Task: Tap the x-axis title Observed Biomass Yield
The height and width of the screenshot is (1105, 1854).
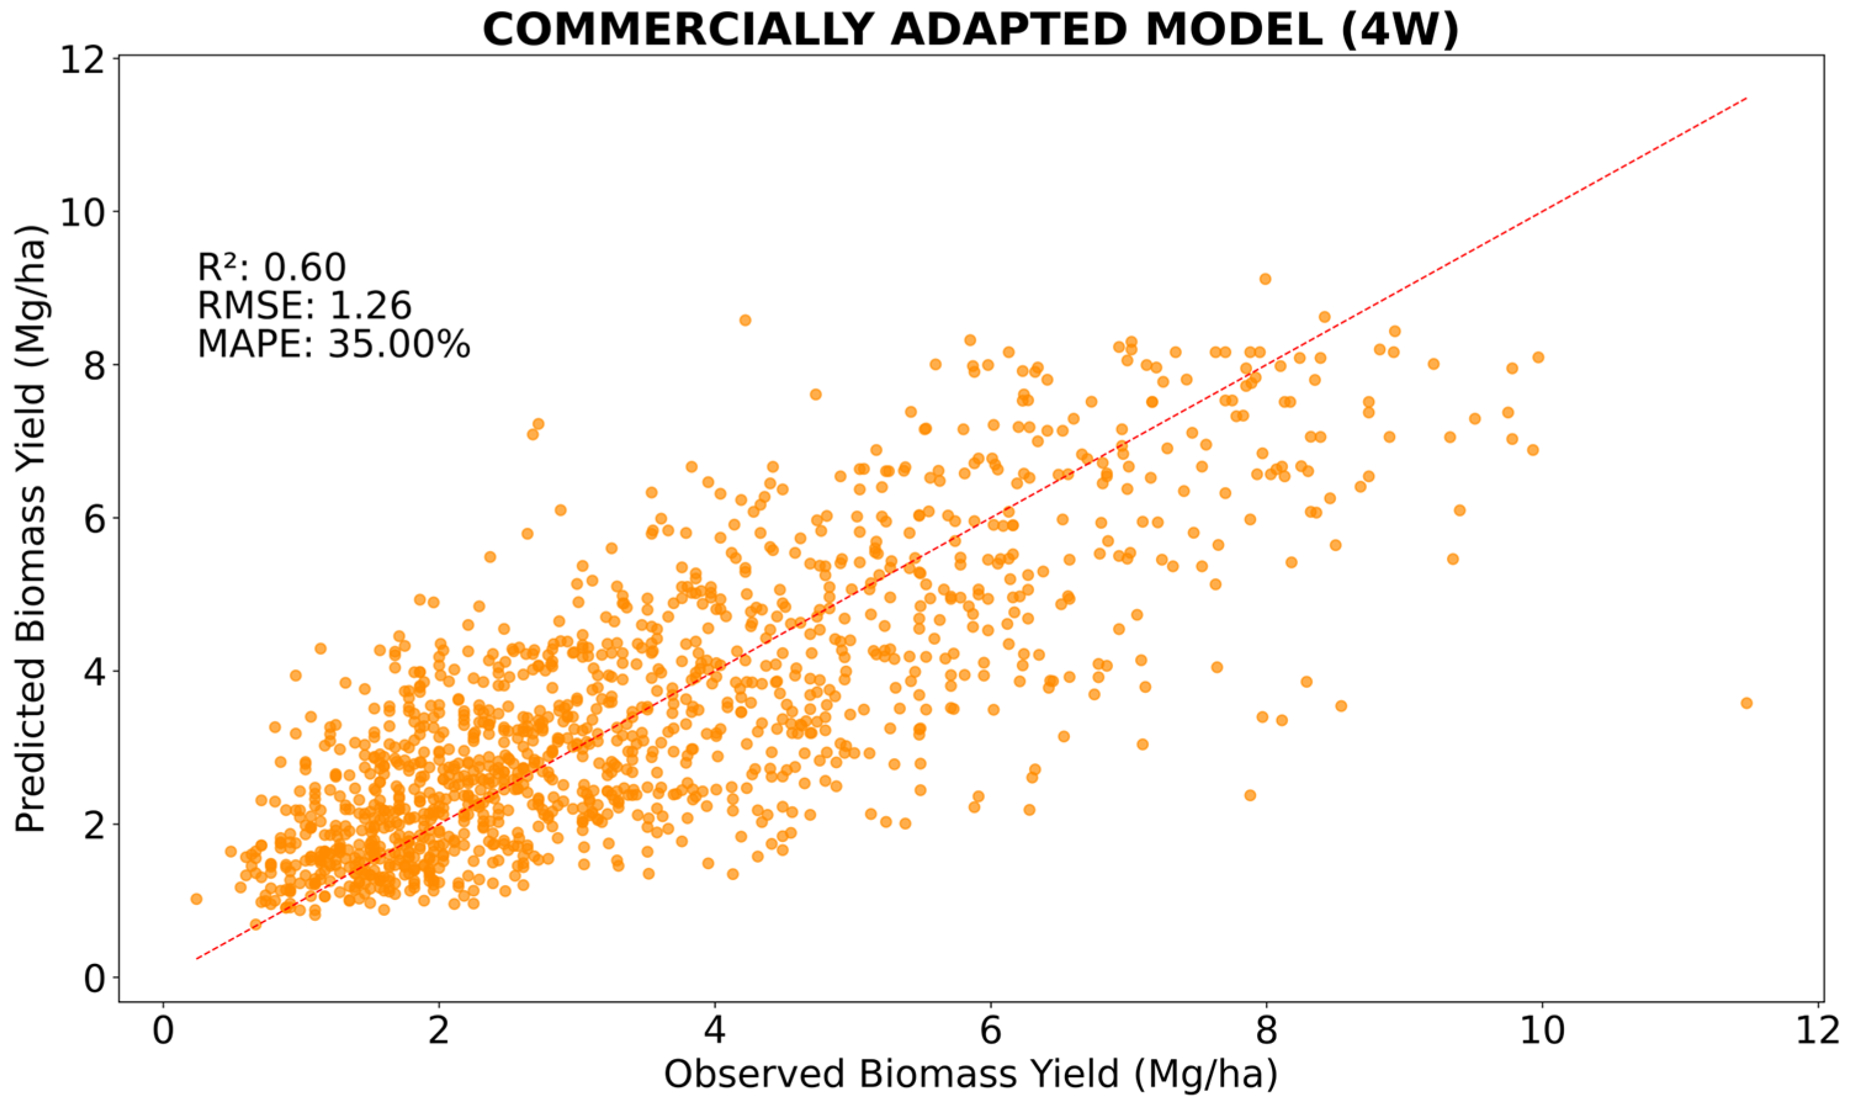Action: click(970, 1074)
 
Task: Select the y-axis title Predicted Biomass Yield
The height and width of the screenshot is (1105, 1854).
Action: click(31, 528)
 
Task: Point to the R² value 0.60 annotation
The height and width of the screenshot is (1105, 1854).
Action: click(272, 267)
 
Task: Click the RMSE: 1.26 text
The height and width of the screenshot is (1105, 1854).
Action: click(304, 306)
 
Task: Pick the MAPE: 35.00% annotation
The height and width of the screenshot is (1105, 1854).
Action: click(334, 345)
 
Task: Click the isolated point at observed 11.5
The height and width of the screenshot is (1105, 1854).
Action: click(1746, 703)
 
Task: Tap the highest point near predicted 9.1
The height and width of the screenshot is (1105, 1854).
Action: click(1265, 279)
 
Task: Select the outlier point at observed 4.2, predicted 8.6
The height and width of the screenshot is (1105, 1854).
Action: click(745, 320)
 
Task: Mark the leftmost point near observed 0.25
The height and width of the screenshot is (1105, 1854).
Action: click(196, 899)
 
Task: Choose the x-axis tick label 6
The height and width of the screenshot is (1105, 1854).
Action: click(990, 1033)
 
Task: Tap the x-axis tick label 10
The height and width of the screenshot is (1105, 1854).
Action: click(1541, 1033)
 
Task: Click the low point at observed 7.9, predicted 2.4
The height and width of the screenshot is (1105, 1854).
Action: click(1250, 795)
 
